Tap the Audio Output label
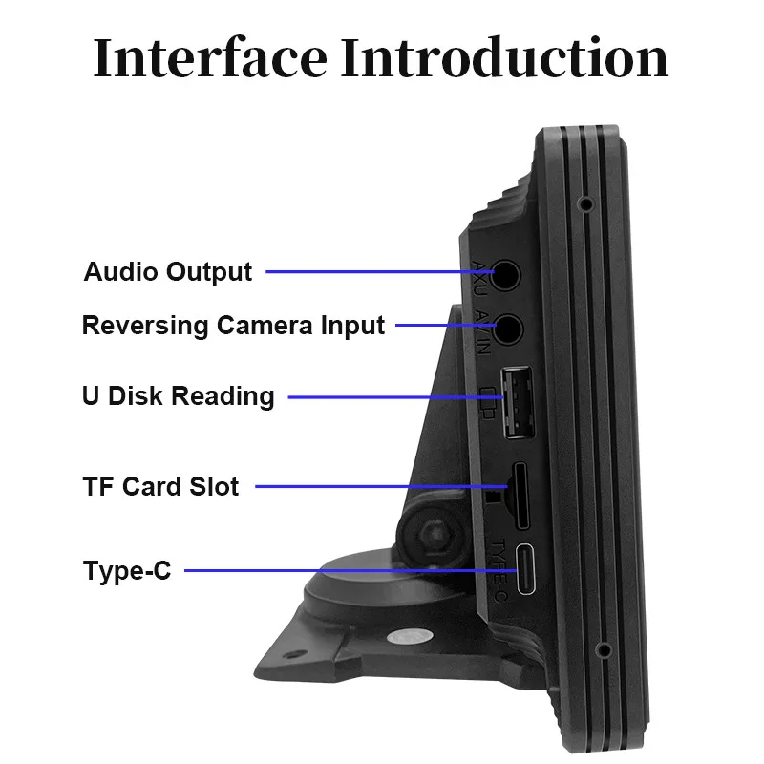pos(168,271)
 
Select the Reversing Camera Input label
pos(233,325)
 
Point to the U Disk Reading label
pos(179,395)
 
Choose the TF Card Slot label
pos(160,486)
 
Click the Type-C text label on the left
pos(127,571)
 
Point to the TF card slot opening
pos(521,498)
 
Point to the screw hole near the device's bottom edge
pos(603,650)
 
